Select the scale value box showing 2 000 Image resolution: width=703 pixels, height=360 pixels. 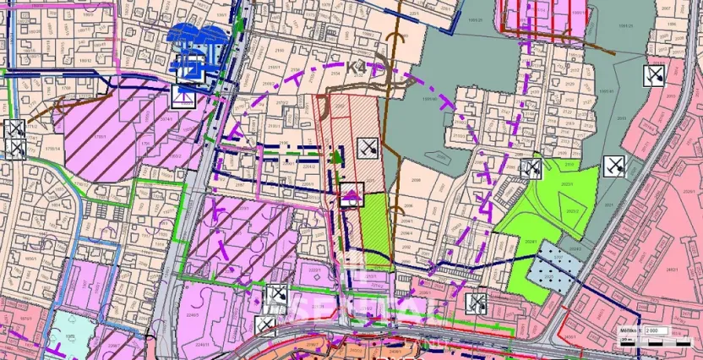(654, 330)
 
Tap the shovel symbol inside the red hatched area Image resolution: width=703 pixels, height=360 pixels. (365, 150)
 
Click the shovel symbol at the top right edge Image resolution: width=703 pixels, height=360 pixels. (653, 76)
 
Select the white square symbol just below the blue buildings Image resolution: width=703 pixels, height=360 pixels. (183, 97)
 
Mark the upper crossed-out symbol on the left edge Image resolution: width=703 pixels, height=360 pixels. (15, 129)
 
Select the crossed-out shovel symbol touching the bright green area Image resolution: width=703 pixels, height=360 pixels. (531, 169)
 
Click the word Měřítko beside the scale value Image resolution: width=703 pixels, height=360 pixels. (629, 330)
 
